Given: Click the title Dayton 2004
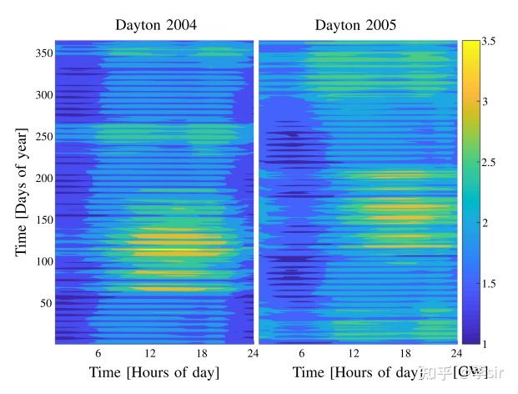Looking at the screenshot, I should (x=156, y=25).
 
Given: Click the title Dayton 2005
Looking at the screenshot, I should (x=355, y=25).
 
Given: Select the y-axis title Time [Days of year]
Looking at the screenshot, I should (x=22, y=192).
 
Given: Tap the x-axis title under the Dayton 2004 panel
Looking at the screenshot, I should (x=154, y=371).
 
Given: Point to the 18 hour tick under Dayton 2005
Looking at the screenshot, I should (x=405, y=353).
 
